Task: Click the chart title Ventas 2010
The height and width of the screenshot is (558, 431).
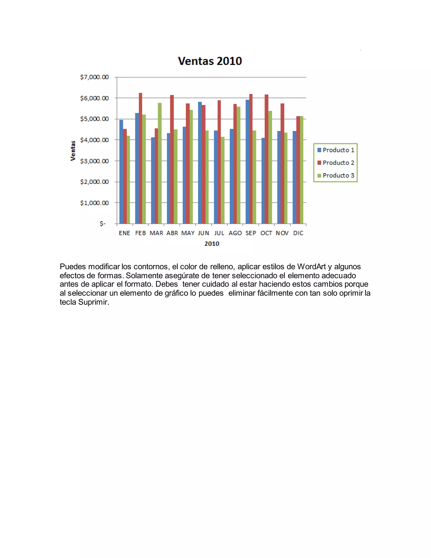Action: [x=210, y=61]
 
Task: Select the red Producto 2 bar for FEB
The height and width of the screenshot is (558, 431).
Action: [x=140, y=158]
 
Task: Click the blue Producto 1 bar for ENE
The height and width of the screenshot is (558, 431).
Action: [x=121, y=172]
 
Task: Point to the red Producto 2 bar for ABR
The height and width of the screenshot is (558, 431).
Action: [x=172, y=159]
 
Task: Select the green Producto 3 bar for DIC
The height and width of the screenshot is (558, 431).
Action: [x=302, y=170]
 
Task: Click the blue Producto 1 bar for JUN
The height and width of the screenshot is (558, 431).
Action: [x=200, y=163]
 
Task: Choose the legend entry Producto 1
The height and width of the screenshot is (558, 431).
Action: [x=338, y=150]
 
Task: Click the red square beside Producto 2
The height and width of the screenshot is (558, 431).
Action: [x=319, y=163]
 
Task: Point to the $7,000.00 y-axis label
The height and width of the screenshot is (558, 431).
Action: [x=94, y=77]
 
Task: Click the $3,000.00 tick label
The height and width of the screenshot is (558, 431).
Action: [x=94, y=161]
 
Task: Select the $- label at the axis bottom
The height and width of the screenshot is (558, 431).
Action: [x=103, y=224]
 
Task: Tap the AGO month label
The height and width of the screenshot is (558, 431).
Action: [x=235, y=233]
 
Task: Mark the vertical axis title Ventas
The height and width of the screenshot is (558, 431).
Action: [x=73, y=151]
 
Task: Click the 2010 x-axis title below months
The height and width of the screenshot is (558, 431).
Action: [x=212, y=244]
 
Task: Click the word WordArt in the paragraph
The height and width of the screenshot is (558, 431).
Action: [x=311, y=267]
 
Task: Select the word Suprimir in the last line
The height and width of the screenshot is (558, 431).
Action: [x=93, y=302]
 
